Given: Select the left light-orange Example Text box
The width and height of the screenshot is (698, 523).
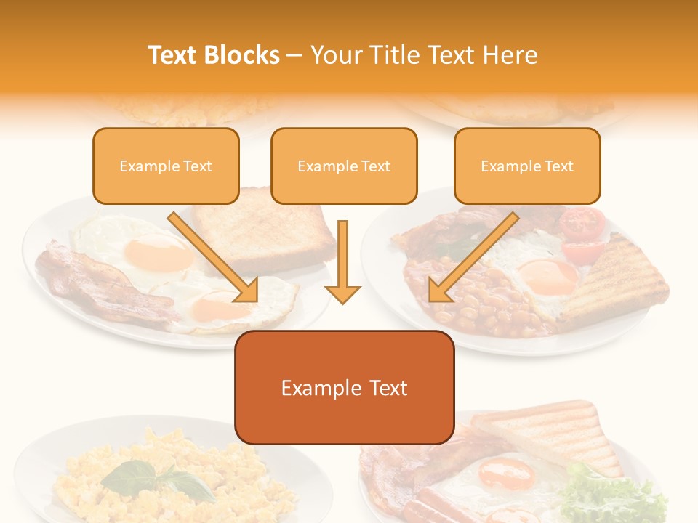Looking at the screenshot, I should pos(166,166).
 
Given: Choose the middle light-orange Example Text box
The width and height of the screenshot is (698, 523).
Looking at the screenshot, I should pos(344,166).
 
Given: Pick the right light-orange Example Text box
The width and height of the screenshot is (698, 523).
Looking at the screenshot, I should pos(527,166).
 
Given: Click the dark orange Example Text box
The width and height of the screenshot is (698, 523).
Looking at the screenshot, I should pos(344,387).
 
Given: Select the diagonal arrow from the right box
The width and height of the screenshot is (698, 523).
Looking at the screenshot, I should pos(472,258).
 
